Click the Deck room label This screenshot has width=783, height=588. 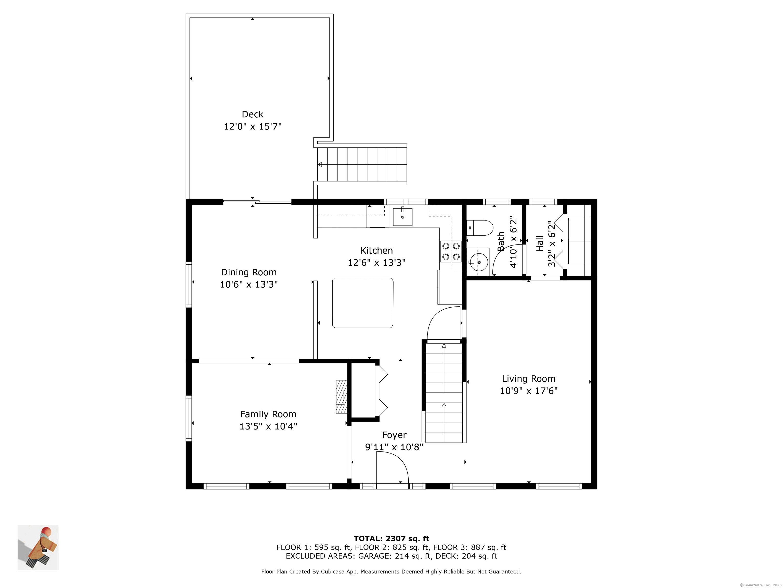[x=252, y=114]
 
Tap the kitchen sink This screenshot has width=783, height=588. [x=402, y=217]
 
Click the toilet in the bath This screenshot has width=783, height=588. [x=480, y=228]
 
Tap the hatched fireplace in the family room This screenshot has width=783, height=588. [x=342, y=396]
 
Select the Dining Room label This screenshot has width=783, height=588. [x=249, y=272]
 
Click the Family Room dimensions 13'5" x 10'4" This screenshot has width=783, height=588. [x=268, y=426]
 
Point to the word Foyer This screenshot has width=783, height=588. [x=394, y=435]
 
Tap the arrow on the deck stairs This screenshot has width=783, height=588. [x=320, y=164]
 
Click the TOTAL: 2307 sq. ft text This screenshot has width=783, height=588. [x=391, y=539]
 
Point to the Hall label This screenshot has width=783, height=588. [x=540, y=243]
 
